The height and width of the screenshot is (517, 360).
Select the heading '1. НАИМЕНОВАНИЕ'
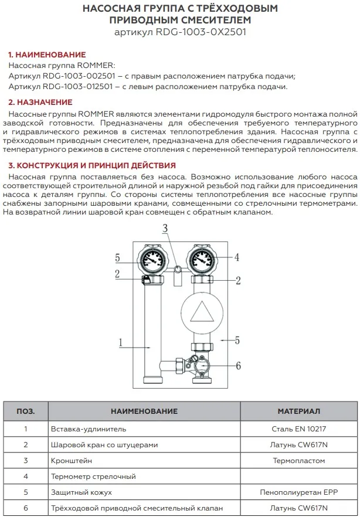(46, 55)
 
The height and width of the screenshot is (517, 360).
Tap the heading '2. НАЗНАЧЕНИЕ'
(40, 102)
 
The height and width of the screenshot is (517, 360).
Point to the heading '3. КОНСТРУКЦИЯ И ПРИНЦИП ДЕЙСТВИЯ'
(92, 165)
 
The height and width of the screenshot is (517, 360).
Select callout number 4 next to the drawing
(237, 257)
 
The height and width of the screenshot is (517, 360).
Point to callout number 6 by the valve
(238, 365)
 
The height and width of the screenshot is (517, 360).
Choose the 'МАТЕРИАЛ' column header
(298, 411)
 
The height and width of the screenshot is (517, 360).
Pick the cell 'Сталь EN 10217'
(298, 429)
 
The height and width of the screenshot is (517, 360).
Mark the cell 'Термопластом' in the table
(298, 461)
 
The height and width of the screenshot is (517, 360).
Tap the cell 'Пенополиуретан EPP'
(298, 492)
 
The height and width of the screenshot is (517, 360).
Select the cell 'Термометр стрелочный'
(94, 477)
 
